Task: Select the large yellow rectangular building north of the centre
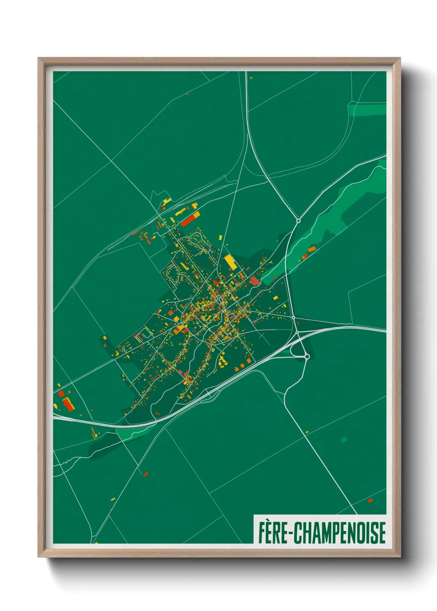(230, 262)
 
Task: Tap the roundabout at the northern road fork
(298, 221)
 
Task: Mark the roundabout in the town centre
(218, 298)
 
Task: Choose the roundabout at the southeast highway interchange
(307, 356)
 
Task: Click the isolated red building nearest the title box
(370, 501)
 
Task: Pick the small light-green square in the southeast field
(344, 440)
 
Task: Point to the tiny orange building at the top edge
(251, 77)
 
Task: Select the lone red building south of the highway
(145, 474)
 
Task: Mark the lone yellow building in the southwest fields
(113, 499)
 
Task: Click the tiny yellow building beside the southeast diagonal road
(306, 432)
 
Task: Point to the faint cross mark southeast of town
(263, 336)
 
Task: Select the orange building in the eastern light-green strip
(311, 249)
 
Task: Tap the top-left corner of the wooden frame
(38, 58)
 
